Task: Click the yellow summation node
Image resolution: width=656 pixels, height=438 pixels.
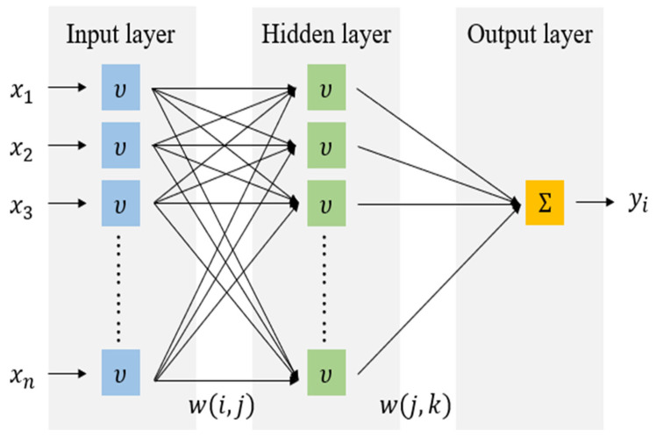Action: click(x=545, y=203)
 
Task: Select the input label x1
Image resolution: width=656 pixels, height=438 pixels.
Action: click(x=21, y=91)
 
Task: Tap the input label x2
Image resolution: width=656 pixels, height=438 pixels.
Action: click(x=21, y=150)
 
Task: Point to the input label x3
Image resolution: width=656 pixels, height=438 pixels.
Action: click(x=21, y=208)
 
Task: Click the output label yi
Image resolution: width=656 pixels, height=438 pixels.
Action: click(x=638, y=202)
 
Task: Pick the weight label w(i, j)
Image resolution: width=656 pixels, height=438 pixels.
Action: click(x=221, y=406)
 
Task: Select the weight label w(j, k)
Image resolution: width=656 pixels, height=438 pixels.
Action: click(x=416, y=406)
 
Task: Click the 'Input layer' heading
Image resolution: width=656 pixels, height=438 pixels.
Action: click(x=120, y=34)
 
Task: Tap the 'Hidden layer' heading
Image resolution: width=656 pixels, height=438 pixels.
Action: click(x=326, y=34)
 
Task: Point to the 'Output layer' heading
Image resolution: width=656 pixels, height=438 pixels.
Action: click(x=530, y=34)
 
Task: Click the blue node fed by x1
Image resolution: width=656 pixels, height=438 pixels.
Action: click(x=120, y=87)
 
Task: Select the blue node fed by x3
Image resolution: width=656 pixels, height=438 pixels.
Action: click(x=120, y=204)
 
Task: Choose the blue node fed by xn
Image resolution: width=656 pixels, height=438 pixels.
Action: click(x=120, y=373)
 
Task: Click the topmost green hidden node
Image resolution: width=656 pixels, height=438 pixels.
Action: click(x=326, y=87)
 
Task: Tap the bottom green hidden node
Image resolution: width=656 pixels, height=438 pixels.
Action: click(x=326, y=373)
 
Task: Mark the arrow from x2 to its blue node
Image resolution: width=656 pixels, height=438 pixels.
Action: click(x=68, y=146)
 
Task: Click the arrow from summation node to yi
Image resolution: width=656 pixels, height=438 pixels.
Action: click(x=595, y=202)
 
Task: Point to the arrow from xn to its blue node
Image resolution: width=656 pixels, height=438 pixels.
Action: click(x=68, y=373)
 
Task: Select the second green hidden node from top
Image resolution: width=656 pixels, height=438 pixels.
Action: click(x=326, y=146)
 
